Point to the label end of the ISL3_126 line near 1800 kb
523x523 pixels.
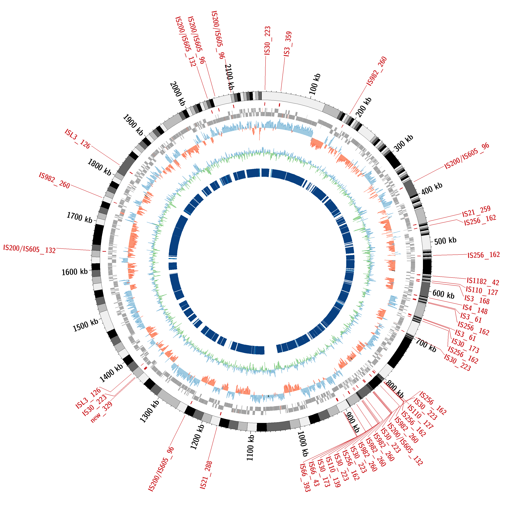click(x=91, y=146)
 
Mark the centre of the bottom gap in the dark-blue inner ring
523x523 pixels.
click(x=270, y=350)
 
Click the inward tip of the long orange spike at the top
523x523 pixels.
click(x=259, y=140)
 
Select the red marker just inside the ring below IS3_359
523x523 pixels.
click(x=279, y=104)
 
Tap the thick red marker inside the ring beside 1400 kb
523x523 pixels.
click(x=145, y=368)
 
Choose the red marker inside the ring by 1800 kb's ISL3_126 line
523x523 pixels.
click(x=131, y=173)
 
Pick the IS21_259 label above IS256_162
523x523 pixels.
click(x=476, y=211)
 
